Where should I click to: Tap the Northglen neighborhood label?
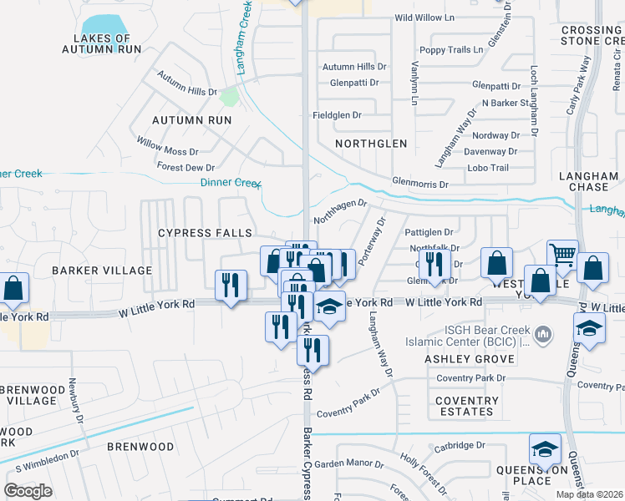[371, 144]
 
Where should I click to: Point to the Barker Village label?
[102, 271]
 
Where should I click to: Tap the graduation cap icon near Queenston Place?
[545, 450]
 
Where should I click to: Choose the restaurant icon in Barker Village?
[231, 286]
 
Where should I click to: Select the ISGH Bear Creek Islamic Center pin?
[543, 334]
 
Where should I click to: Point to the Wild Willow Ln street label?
[424, 18]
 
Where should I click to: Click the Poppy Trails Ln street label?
[451, 50]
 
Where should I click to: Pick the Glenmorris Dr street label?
[420, 184]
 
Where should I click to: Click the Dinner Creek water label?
[231, 183]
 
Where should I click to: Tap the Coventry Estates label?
[466, 406]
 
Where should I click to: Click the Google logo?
[28, 491]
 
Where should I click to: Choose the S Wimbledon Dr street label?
[42, 457]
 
